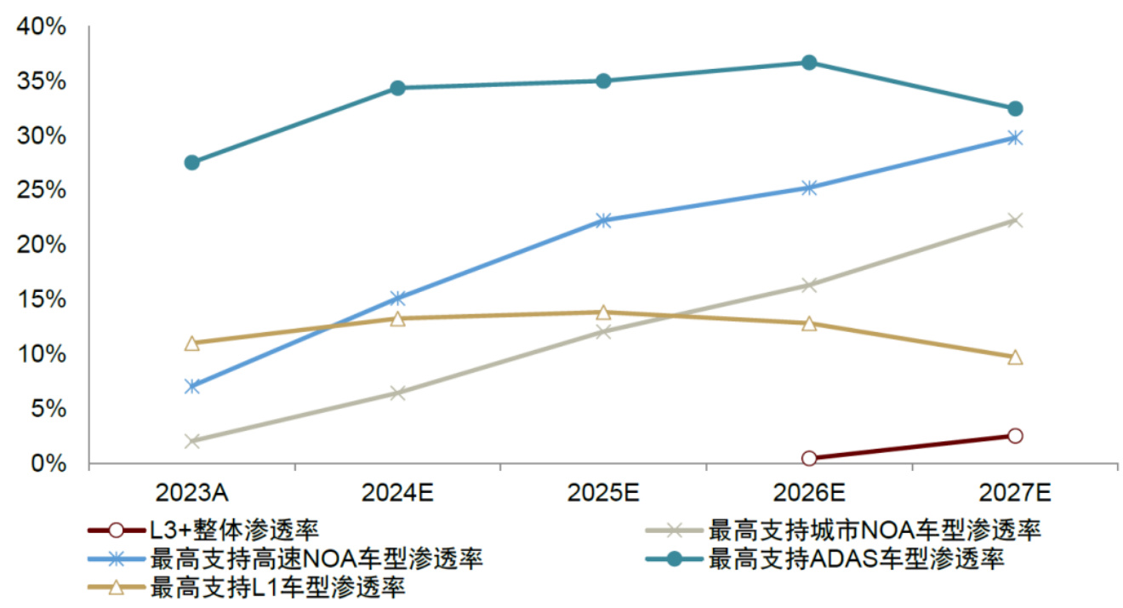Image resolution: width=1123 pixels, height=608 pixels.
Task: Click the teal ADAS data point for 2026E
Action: [x=809, y=62]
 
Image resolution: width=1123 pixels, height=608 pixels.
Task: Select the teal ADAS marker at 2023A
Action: [x=192, y=163]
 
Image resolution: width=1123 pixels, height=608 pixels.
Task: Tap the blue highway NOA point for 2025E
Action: [x=603, y=221]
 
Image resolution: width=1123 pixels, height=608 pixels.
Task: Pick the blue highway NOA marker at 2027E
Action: [x=1014, y=137]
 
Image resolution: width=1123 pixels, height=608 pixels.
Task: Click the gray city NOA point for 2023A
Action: [x=192, y=441]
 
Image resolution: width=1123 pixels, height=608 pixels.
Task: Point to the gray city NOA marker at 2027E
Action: [x=1014, y=221]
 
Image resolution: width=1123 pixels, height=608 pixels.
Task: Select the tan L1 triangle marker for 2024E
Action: [x=397, y=318]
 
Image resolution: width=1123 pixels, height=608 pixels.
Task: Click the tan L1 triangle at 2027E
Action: [x=1014, y=358]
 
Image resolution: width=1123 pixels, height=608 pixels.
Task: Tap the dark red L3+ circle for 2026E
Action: [x=809, y=458]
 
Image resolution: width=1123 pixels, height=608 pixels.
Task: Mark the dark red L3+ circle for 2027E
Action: [x=1014, y=436]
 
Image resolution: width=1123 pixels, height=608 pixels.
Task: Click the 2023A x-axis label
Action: [x=192, y=492]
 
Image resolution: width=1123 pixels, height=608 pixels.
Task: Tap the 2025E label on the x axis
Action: [x=603, y=492]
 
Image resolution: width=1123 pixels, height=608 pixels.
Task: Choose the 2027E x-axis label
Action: [x=1014, y=492]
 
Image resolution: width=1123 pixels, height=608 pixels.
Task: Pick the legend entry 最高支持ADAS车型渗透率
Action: [x=856, y=559]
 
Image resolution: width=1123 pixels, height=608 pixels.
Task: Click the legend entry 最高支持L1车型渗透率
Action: [x=276, y=587]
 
